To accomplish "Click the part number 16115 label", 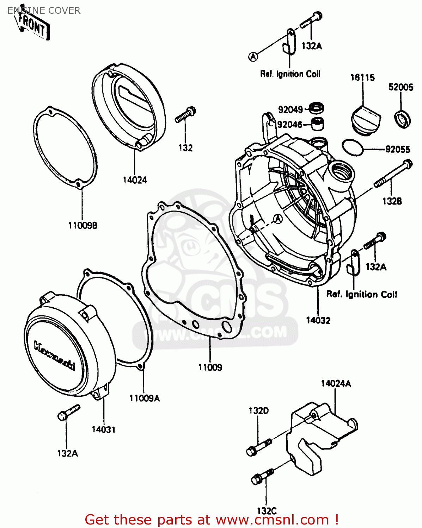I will click(x=362, y=77).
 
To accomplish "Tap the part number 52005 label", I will click(x=400, y=87).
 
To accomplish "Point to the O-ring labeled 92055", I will click(x=352, y=147).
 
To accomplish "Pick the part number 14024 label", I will click(x=135, y=180).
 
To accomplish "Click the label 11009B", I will click(x=82, y=225).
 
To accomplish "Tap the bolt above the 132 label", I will click(x=186, y=115).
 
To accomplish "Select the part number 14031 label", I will click(x=103, y=429).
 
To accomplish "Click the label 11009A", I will click(x=144, y=398).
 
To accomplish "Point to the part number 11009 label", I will click(x=210, y=367).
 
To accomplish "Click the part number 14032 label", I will click(x=318, y=320).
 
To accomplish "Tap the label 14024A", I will click(x=336, y=384).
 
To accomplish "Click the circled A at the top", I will click(x=253, y=56).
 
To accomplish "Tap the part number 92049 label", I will click(x=290, y=110).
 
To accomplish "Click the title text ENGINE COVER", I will click(x=44, y=11).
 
